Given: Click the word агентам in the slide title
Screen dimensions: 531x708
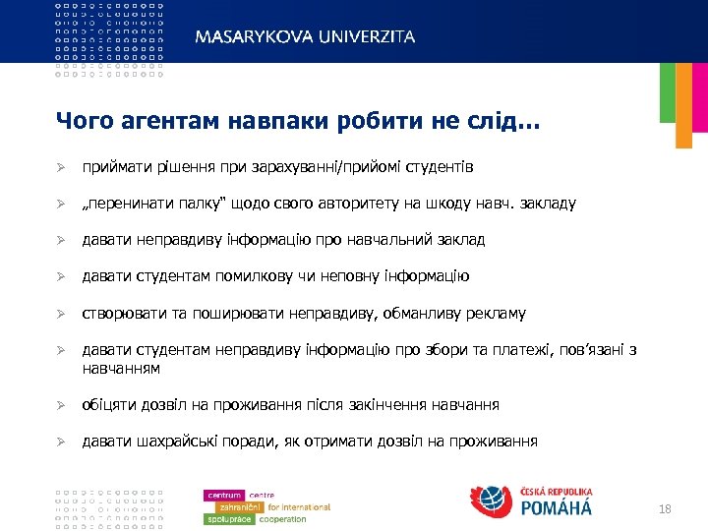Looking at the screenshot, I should click(159, 122).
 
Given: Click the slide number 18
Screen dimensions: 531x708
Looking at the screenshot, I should click(665, 508).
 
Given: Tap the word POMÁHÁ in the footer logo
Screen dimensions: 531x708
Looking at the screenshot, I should click(556, 509).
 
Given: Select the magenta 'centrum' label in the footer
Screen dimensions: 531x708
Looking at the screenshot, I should click(223, 495).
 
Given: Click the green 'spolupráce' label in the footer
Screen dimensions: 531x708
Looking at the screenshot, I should click(228, 519).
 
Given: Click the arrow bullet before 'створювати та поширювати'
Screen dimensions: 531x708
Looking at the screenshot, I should click(61, 314).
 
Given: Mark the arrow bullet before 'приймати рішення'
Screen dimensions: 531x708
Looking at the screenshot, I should click(61, 167).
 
